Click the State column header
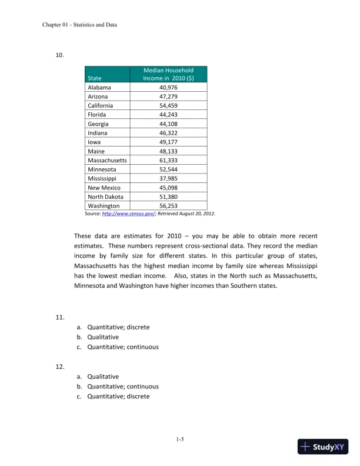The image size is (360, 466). [94, 78]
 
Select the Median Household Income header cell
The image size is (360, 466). [168, 74]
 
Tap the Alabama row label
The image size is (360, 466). [99, 88]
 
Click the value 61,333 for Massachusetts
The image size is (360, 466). [168, 160]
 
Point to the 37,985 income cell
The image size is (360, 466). [168, 178]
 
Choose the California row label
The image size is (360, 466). [101, 106]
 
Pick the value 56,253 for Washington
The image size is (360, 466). [168, 206]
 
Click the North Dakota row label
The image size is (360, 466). [106, 197]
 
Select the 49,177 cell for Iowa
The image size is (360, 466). [168, 142]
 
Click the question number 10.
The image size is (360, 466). [59, 55]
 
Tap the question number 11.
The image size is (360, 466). [59, 318]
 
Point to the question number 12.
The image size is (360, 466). [59, 367]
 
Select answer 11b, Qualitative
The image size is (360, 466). [103, 337]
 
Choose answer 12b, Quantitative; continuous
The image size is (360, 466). [123, 387]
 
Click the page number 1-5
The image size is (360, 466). [180, 440]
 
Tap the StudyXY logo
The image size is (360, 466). [323, 447]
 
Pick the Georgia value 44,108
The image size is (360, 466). [168, 124]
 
